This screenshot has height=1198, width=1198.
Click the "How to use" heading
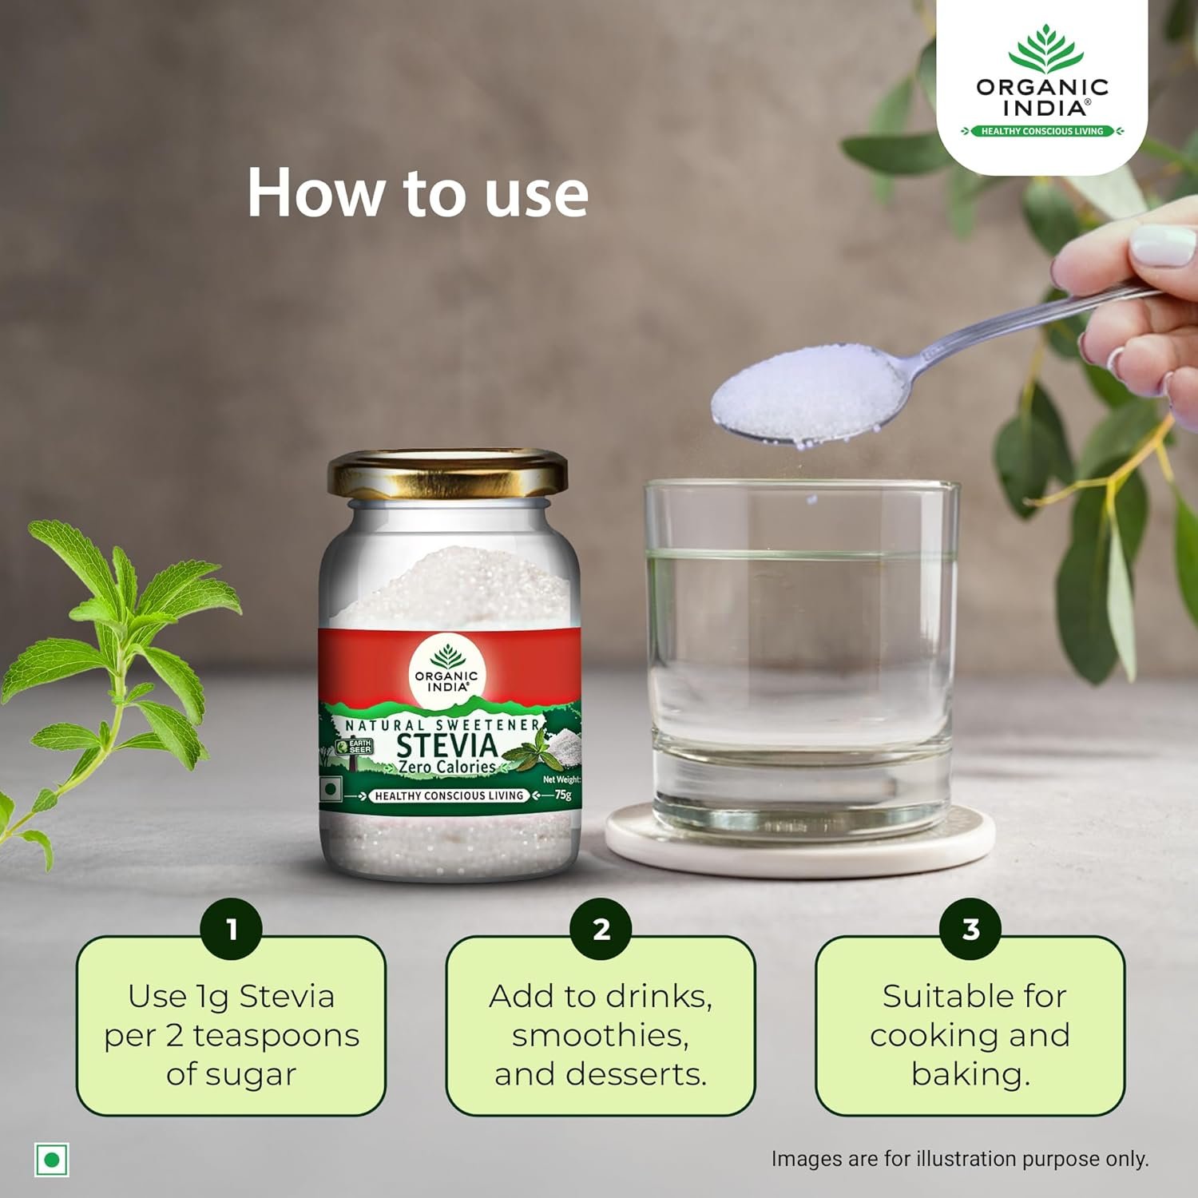click(x=418, y=192)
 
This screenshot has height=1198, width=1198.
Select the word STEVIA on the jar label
click(x=447, y=745)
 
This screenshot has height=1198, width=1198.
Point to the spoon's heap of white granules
click(x=807, y=393)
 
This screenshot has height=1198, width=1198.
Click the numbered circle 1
click(x=232, y=929)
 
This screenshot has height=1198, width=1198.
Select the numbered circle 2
click(x=601, y=929)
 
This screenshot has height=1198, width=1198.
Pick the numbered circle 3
click(x=970, y=929)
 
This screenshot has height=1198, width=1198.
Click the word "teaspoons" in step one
click(x=276, y=1037)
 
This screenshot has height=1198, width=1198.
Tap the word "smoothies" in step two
click(x=601, y=1036)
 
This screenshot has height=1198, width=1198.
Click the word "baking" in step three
click(x=970, y=1075)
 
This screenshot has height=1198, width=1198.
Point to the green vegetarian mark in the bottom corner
click(x=52, y=1159)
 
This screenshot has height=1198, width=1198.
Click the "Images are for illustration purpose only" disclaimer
click(x=960, y=1159)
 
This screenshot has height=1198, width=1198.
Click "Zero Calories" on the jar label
click(x=447, y=767)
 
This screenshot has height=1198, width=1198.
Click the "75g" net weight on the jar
click(x=563, y=795)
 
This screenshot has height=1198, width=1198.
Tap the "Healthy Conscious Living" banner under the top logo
click(x=1042, y=131)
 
